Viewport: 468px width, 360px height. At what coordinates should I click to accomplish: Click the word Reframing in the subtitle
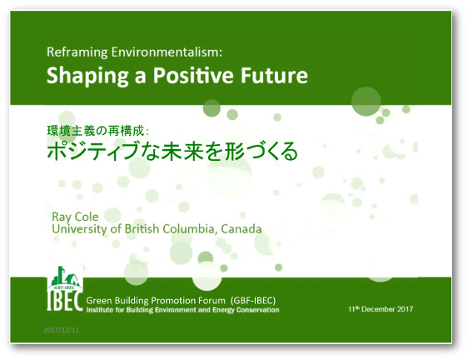tap(77, 52)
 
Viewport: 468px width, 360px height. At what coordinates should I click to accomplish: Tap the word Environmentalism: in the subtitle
tap(167, 52)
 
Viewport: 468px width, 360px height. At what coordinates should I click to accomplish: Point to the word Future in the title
tap(274, 75)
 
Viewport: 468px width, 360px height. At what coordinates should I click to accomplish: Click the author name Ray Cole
tap(75, 217)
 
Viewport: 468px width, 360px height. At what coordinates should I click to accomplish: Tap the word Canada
tap(241, 229)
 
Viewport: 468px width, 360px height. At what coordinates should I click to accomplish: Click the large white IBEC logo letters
tap(65, 301)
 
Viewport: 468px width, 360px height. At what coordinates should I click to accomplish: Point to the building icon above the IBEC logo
tap(65, 276)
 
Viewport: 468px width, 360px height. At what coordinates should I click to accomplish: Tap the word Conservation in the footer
tap(257, 310)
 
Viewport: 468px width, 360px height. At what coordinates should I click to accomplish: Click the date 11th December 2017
tap(381, 309)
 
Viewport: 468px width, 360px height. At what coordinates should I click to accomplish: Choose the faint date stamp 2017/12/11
tap(61, 330)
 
